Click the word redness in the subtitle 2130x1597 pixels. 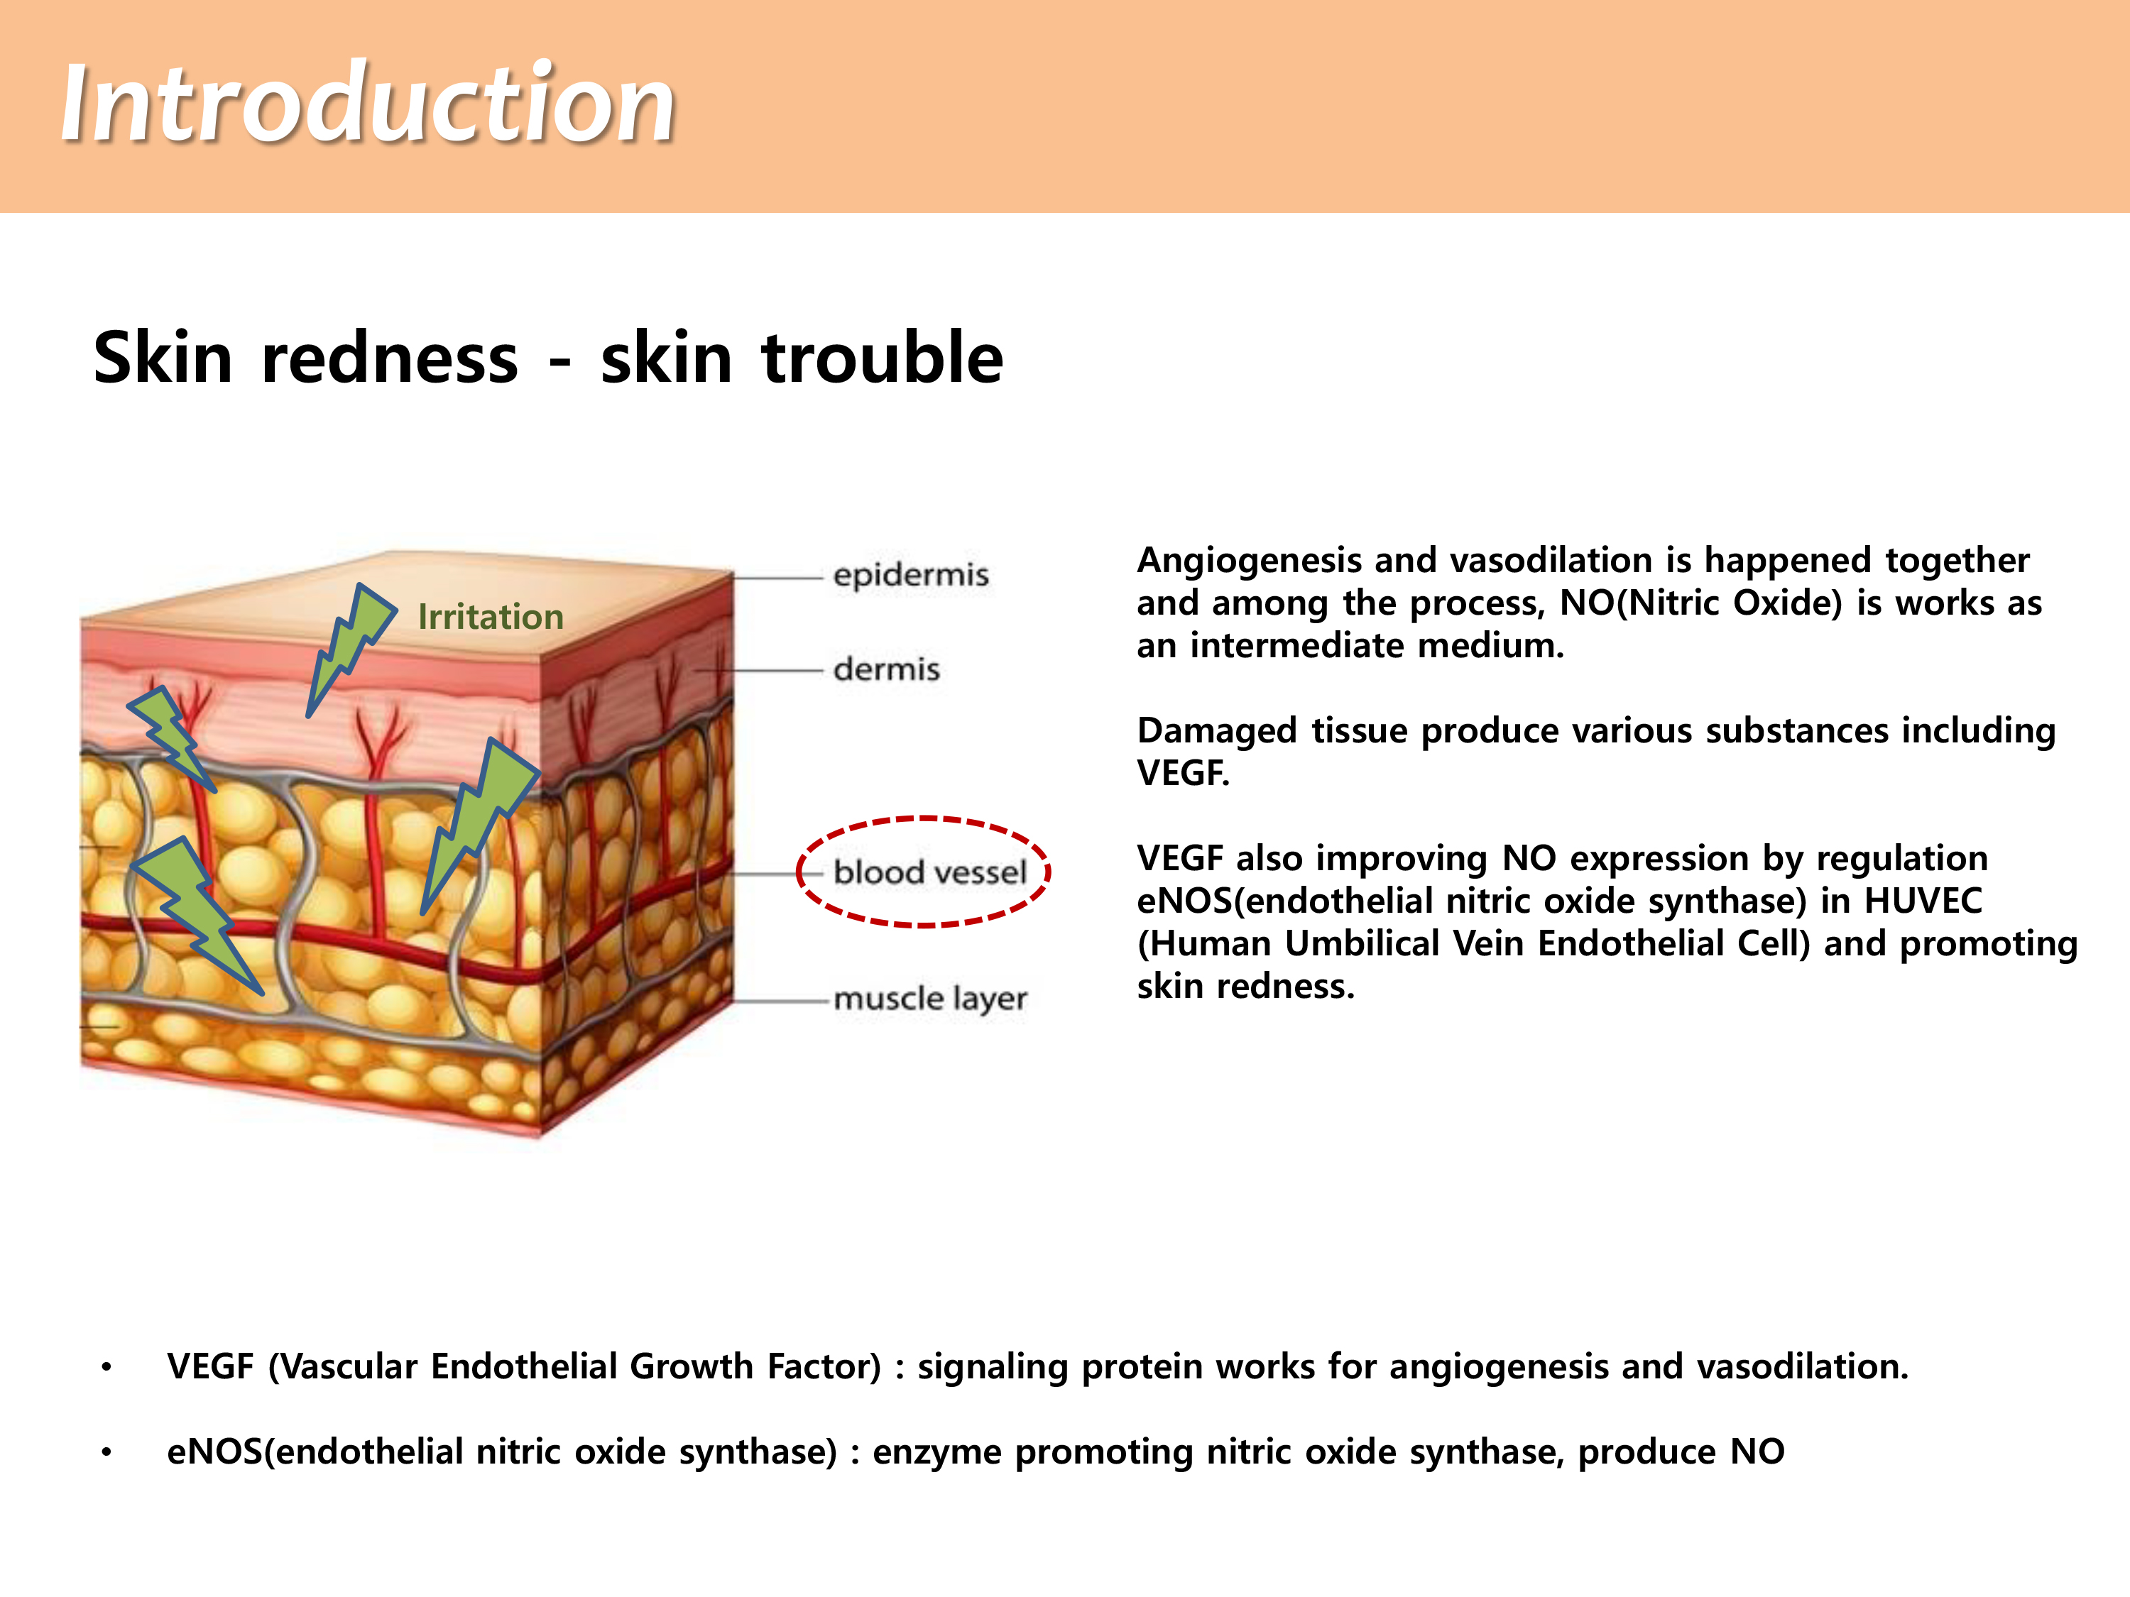tap(390, 358)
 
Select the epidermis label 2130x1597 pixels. tap(911, 576)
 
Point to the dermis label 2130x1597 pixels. tap(886, 668)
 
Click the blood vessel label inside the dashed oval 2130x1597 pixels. tap(930, 872)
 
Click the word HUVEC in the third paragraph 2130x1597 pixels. tap(1923, 901)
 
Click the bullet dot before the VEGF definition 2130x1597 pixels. tap(107, 1367)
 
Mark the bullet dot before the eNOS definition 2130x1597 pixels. tap(107, 1451)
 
